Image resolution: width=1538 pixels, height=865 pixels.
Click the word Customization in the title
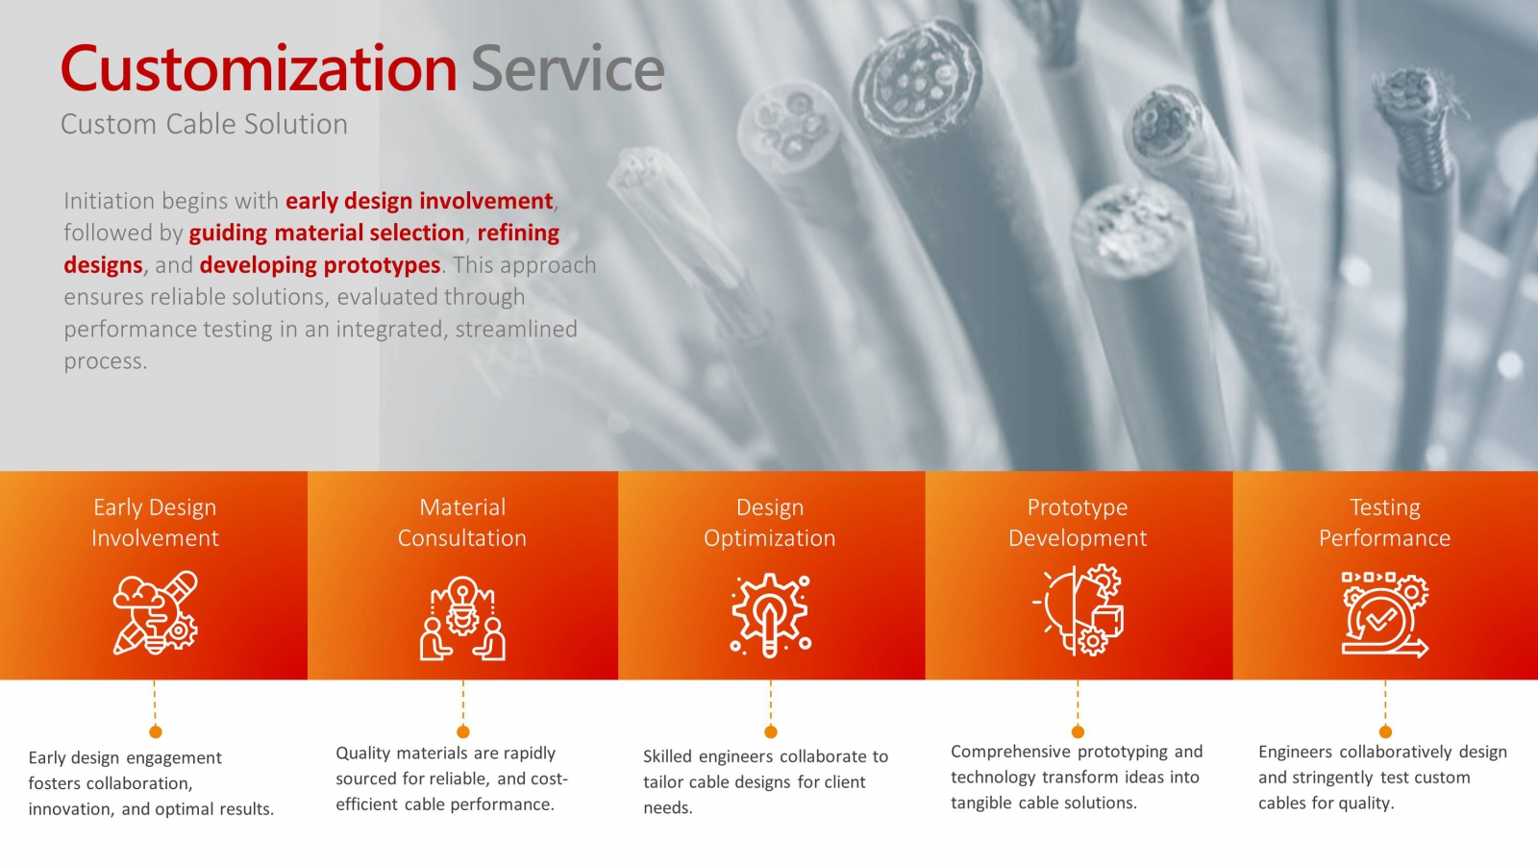(x=259, y=68)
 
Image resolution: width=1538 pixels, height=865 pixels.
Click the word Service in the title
(x=568, y=68)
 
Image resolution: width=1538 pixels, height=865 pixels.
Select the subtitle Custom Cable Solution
(x=204, y=124)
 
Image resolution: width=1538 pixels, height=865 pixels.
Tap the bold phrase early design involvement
(x=419, y=201)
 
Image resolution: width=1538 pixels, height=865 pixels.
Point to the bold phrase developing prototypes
(x=320, y=265)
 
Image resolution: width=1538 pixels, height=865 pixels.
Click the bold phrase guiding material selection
(x=327, y=233)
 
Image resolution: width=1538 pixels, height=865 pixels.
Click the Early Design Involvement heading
(x=155, y=523)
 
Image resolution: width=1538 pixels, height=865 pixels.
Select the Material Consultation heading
(x=462, y=523)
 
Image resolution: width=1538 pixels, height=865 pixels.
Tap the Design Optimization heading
(x=770, y=523)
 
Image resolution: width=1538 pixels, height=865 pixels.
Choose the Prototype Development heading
(x=1078, y=523)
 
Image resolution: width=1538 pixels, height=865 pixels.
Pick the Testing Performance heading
(x=1385, y=523)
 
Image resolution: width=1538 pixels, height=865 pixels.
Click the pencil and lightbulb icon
(x=155, y=613)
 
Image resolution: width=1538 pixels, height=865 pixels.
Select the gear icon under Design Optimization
(x=770, y=615)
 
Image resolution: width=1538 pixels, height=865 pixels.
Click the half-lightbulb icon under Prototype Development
(x=1078, y=609)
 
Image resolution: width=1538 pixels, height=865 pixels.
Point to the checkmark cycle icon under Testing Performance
(x=1385, y=614)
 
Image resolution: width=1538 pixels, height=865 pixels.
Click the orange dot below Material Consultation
(x=462, y=731)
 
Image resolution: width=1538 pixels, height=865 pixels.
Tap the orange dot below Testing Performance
(x=1385, y=731)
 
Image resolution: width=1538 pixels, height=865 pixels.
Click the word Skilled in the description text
(x=667, y=756)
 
